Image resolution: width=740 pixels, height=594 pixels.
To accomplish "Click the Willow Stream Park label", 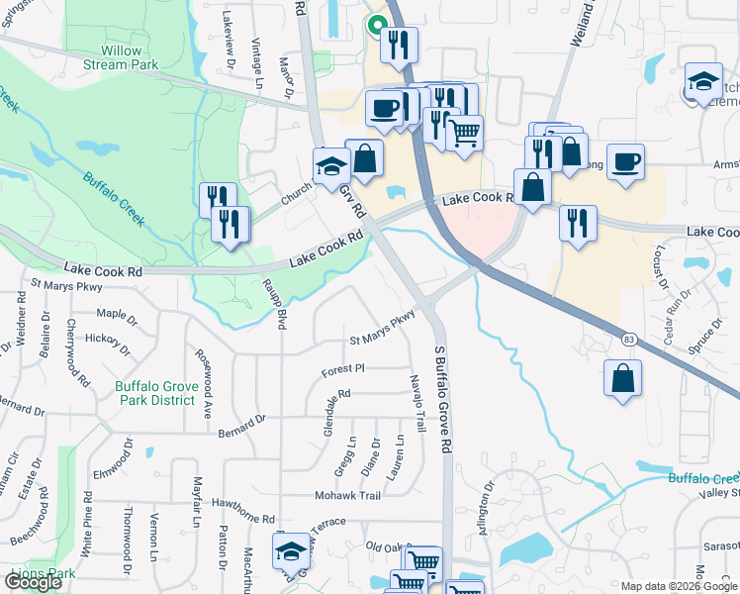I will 129,57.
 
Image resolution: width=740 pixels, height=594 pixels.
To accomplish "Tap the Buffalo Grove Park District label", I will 155,393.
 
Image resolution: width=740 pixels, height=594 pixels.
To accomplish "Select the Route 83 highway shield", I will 628,339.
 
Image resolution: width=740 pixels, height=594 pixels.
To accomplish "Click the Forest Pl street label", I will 343,368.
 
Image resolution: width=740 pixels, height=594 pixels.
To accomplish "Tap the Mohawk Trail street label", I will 347,495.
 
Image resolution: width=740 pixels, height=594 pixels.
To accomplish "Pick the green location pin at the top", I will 376,22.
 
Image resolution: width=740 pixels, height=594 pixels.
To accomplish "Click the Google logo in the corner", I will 34,582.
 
